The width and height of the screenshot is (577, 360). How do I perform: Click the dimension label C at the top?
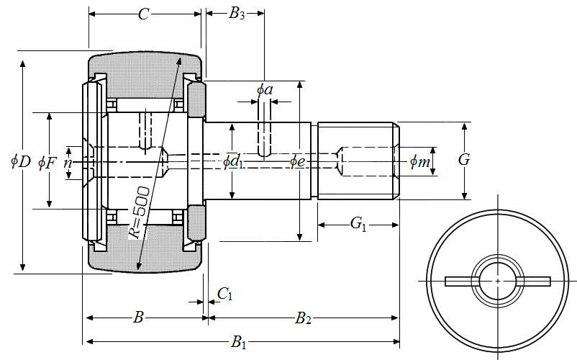pyautogui.click(x=144, y=14)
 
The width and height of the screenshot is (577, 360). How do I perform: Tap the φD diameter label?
pyautogui.click(x=20, y=162)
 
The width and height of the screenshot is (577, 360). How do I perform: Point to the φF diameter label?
pyautogui.click(x=47, y=162)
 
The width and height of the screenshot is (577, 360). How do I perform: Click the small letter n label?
pyautogui.click(x=68, y=163)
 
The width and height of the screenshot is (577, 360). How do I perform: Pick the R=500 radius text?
pyautogui.click(x=139, y=212)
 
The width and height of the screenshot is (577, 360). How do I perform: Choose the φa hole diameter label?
pyautogui.click(x=265, y=89)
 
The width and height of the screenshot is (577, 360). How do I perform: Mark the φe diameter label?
pyautogui.click(x=298, y=161)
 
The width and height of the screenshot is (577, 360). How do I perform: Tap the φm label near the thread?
pyautogui.click(x=419, y=162)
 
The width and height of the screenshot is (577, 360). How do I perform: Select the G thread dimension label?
pyautogui.click(x=464, y=160)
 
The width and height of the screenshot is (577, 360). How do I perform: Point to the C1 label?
pyautogui.click(x=225, y=293)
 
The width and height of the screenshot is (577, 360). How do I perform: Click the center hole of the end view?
pyautogui.click(x=498, y=281)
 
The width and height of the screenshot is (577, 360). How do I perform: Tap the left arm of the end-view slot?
pyautogui.click(x=459, y=281)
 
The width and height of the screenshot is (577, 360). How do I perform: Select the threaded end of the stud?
pyautogui.click(x=358, y=161)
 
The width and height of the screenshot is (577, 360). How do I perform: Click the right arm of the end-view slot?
pyautogui.click(x=535, y=281)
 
